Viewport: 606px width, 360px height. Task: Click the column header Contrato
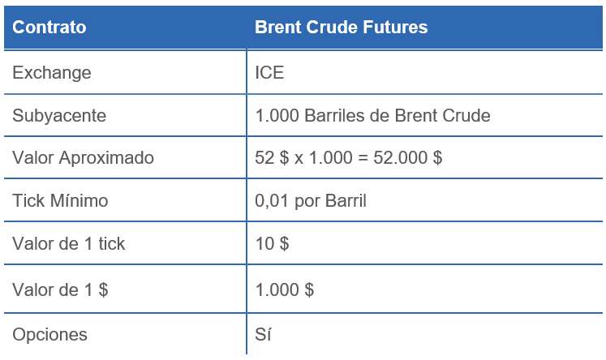pyautogui.click(x=49, y=28)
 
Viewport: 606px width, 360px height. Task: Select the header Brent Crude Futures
pyautogui.click(x=341, y=28)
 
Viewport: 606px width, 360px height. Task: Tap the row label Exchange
pyautogui.click(x=51, y=73)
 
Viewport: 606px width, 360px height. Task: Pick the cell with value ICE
pyautogui.click(x=269, y=73)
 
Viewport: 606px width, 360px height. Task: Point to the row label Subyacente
pyautogui.click(x=58, y=116)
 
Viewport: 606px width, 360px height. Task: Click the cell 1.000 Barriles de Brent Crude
pyautogui.click(x=372, y=116)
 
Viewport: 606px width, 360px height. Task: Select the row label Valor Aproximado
pyautogui.click(x=83, y=158)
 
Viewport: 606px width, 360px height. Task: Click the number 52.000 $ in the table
pyautogui.click(x=407, y=158)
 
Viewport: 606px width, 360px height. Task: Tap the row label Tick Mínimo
pyautogui.click(x=60, y=201)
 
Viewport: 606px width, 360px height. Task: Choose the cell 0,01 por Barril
pyautogui.click(x=311, y=201)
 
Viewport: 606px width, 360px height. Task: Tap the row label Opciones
pyautogui.click(x=49, y=334)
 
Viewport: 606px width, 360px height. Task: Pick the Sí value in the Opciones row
pyautogui.click(x=263, y=334)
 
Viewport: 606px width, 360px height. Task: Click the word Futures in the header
pyautogui.click(x=394, y=28)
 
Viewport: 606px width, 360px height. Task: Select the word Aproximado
pyautogui.click(x=105, y=158)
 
